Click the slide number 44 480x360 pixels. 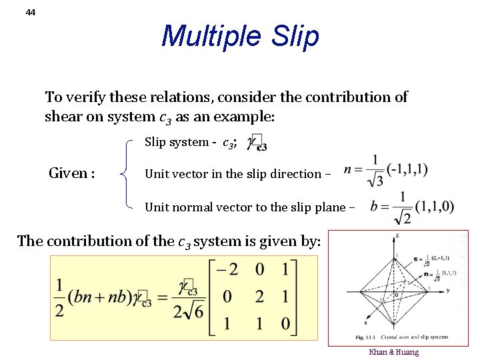[31, 12]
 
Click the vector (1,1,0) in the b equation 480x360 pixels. [433, 207]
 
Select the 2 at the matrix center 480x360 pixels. [259, 296]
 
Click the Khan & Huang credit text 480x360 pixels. [393, 352]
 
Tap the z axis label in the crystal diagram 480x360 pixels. [398, 236]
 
